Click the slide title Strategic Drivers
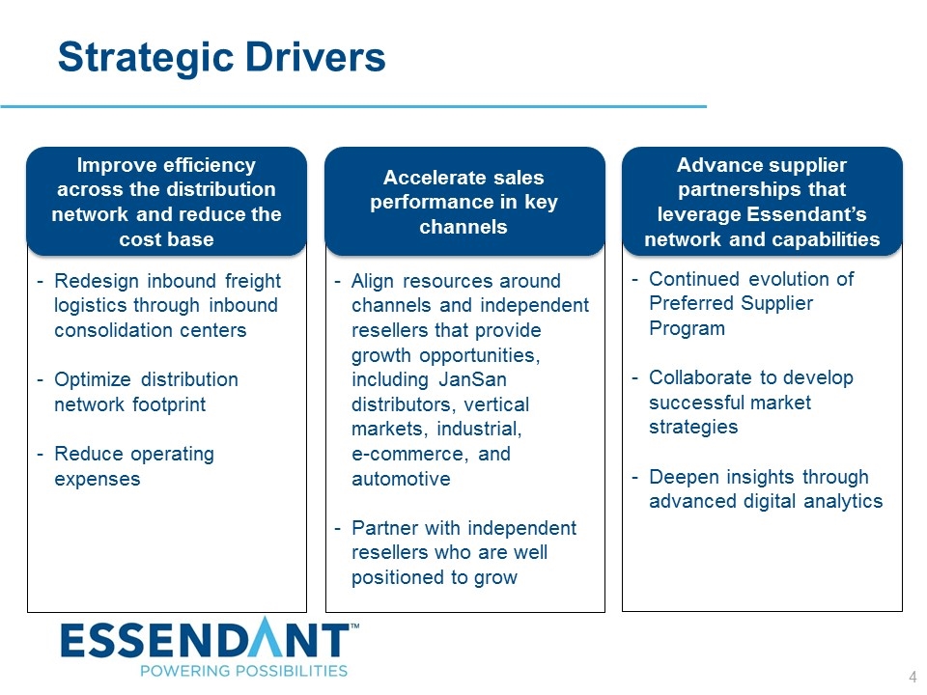pyautogui.click(x=222, y=58)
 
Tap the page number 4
pyautogui.click(x=913, y=677)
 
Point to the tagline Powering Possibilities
pyautogui.click(x=243, y=670)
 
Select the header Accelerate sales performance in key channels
pyautogui.click(x=464, y=202)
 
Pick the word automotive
pyautogui.click(x=401, y=479)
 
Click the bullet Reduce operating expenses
pyautogui.click(x=135, y=466)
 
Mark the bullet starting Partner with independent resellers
pyautogui.click(x=463, y=553)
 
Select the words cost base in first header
pyautogui.click(x=166, y=238)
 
